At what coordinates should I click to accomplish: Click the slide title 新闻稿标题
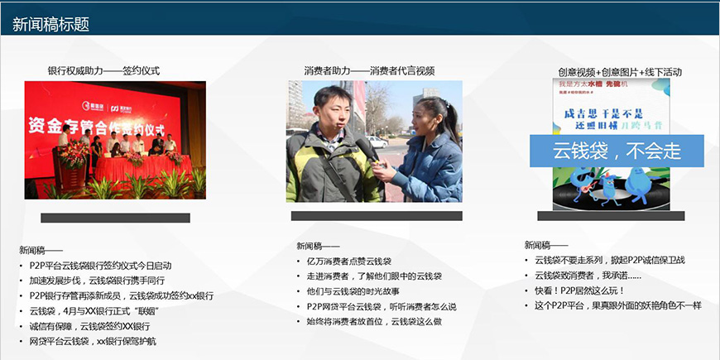click(50, 25)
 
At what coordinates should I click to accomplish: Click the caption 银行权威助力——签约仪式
click(103, 71)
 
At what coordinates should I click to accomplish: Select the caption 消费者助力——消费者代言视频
click(369, 71)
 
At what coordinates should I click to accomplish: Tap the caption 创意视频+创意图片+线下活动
click(620, 72)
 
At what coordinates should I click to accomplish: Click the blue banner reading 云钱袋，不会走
click(617, 151)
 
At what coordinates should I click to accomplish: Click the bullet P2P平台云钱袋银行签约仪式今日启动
click(100, 266)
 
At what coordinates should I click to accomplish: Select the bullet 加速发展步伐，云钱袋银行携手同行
click(96, 281)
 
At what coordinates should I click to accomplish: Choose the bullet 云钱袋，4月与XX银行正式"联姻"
click(94, 311)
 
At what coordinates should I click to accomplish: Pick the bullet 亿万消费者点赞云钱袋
click(348, 262)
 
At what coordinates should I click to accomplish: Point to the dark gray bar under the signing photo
click(115, 218)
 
